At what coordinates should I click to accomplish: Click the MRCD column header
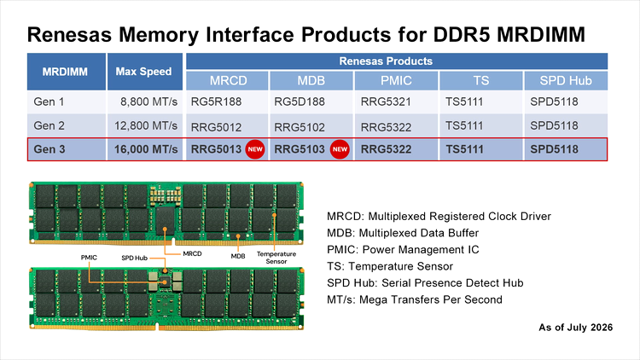coord(228,80)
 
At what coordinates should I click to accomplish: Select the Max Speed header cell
coord(143,72)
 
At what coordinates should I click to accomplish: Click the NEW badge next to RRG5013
coord(255,149)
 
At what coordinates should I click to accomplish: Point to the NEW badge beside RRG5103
coord(340,149)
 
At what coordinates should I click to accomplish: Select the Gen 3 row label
coord(49,149)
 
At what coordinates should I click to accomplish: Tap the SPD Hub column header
coord(566,80)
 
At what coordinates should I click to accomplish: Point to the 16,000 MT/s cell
coord(146,149)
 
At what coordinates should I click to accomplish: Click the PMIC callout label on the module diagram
coord(89,258)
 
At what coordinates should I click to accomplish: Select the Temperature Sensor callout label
coord(276,258)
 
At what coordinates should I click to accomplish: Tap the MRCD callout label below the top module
coord(192,253)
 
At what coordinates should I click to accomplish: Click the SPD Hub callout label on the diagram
coord(134,258)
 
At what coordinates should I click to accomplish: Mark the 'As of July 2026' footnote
coord(575,328)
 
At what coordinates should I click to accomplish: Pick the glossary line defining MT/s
coord(415,299)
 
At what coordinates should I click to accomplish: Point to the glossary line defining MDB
coord(403,233)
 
